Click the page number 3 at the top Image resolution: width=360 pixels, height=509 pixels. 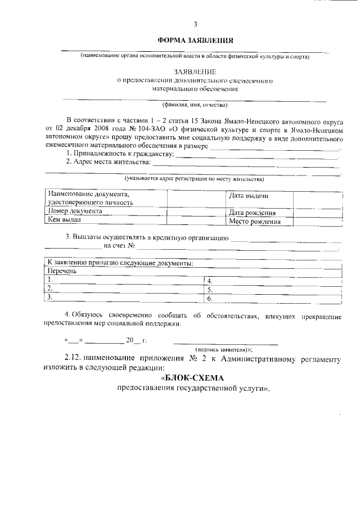point(195,24)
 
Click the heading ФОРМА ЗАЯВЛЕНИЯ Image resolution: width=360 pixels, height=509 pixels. point(195,40)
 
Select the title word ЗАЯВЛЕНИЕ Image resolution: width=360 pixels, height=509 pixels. point(195,72)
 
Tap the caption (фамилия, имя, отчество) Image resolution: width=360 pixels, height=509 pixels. point(195,105)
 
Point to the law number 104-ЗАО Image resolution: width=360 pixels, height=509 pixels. point(148,128)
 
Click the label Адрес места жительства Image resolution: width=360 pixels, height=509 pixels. point(109,162)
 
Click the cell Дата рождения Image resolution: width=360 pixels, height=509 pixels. point(251,213)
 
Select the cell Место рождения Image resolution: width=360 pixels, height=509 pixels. point(254,222)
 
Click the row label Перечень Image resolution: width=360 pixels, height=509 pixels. point(62,271)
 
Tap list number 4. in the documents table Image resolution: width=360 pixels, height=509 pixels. point(209,280)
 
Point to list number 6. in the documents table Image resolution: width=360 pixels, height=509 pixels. point(209,298)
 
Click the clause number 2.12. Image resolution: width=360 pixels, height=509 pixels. point(74,358)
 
